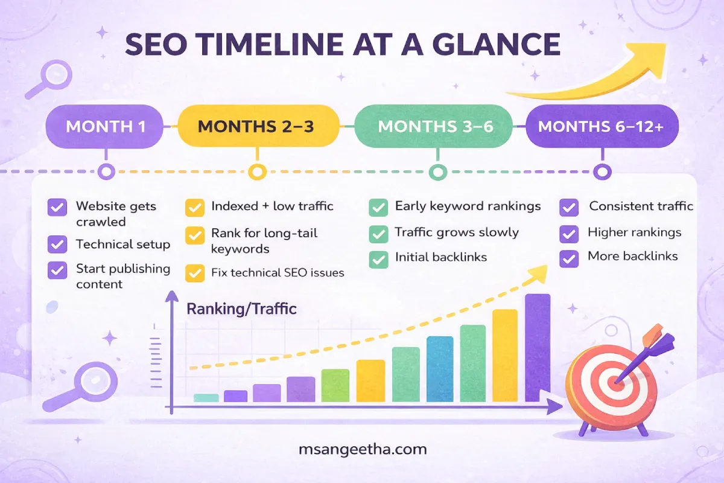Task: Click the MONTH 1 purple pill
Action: [105, 127]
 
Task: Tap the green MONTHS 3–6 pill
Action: [433, 127]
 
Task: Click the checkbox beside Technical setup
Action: [57, 245]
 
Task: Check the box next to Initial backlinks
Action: [378, 259]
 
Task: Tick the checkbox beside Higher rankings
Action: [569, 233]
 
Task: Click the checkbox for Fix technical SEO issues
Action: [194, 273]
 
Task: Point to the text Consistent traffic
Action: [641, 206]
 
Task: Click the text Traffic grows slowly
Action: [457, 232]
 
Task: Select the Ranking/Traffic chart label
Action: [241, 309]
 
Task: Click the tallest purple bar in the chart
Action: [538, 347]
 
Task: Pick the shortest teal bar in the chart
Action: [206, 398]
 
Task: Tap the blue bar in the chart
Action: [439, 368]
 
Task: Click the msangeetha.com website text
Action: [363, 449]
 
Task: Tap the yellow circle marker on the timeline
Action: [258, 172]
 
